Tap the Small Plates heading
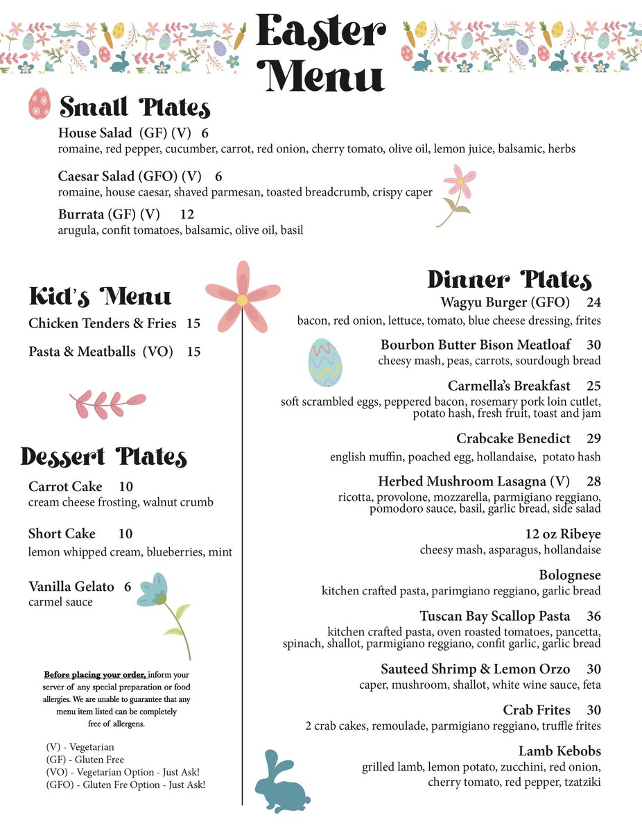135,108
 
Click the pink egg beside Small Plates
40,103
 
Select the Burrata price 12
187,214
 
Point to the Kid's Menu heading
100,297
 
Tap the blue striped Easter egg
325,362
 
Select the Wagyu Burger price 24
593,302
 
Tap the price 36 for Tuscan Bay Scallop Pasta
593,616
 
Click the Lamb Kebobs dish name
559,751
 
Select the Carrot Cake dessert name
65,486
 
